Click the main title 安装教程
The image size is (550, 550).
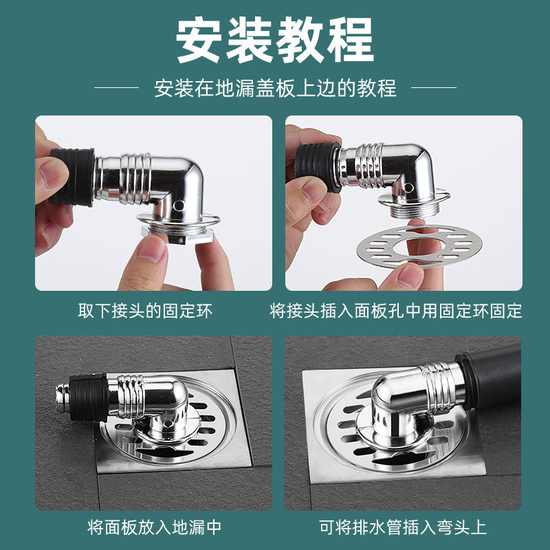click(274, 41)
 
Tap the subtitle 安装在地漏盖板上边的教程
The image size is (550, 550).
click(276, 88)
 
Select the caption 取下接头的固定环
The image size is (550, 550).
click(145, 311)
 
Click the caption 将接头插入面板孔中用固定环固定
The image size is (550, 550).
click(396, 311)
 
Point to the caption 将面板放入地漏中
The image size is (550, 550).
click(154, 527)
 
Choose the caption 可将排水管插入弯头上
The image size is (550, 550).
click(403, 527)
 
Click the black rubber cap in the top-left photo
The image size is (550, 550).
click(72, 177)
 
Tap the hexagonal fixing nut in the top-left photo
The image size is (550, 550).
click(177, 234)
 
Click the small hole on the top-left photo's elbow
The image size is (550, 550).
click(179, 205)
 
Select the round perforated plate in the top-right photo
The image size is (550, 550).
click(419, 245)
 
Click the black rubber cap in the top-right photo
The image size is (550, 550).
click(317, 167)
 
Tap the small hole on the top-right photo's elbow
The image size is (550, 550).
click(408, 188)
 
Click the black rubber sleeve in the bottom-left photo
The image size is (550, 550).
click(89, 397)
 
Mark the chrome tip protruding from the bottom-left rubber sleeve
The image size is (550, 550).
click(63, 397)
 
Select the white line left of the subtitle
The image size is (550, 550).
click(116, 88)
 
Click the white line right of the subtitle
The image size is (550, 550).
click(434, 88)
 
